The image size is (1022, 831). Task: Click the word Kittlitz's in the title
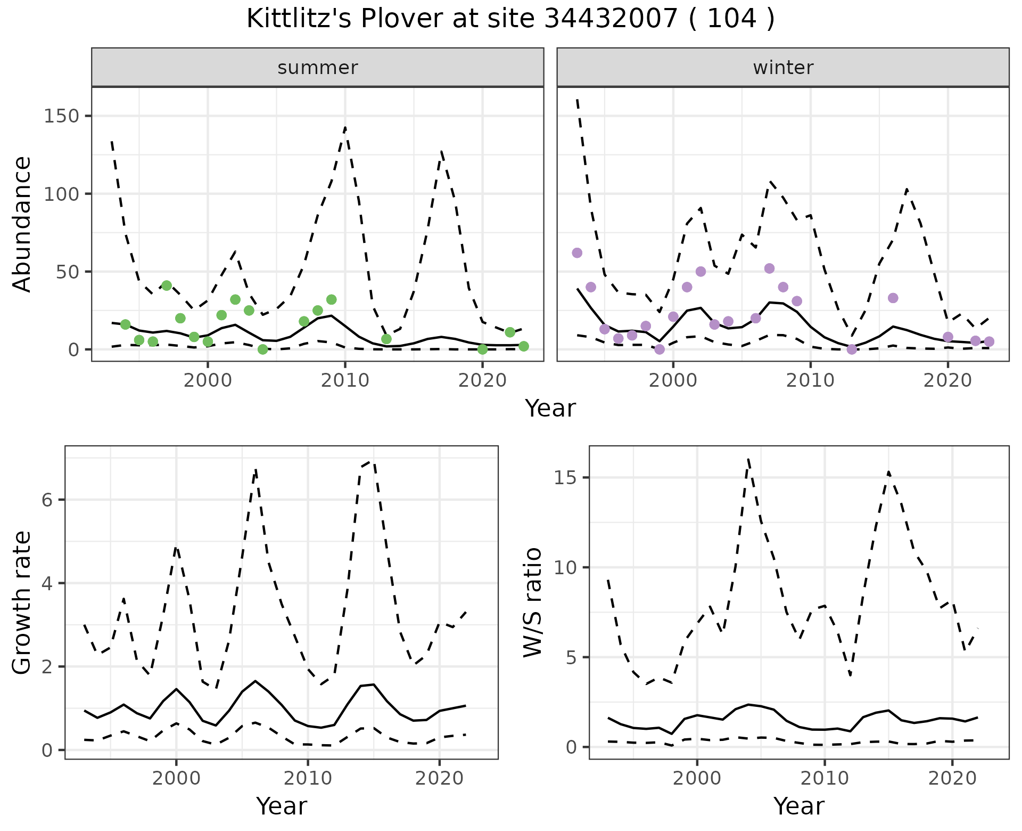pos(297,19)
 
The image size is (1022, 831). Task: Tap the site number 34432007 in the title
pos(611,19)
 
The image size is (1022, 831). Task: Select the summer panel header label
pos(318,68)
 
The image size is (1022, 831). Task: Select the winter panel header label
pos(783,68)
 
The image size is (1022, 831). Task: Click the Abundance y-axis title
pos(22,224)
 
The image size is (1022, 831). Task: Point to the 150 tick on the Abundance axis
pos(62,116)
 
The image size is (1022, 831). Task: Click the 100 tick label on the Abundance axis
pos(62,194)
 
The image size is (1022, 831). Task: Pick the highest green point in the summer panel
pos(167,286)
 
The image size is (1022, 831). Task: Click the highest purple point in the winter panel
pos(577,252)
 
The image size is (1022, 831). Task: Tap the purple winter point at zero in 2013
pos(852,349)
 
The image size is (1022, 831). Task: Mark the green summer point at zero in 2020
pos(482,349)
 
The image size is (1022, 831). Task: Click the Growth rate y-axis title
pos(22,603)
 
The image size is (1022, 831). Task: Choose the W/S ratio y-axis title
pos(532,603)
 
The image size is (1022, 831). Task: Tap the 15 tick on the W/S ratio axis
pos(566,478)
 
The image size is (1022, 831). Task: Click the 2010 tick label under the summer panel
pos(345,380)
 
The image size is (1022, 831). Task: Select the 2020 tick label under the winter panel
pos(947,380)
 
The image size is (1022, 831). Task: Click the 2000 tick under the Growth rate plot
pos(176,778)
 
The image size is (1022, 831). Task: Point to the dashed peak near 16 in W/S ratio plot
pos(748,459)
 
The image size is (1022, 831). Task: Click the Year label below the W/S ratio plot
pos(798,806)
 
